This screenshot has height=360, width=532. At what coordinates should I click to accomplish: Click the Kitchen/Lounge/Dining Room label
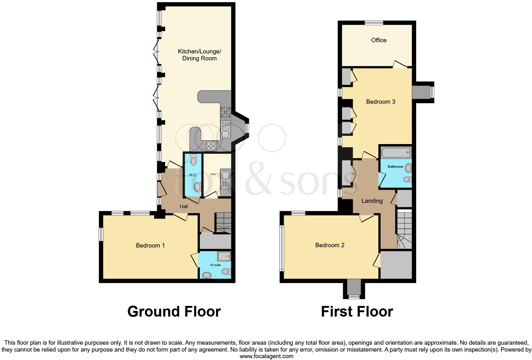[x=199, y=55]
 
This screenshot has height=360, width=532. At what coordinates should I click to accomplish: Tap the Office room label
[x=379, y=40]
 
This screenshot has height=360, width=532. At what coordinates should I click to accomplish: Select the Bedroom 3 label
[x=381, y=102]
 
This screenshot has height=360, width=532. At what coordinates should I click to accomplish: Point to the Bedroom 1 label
[x=150, y=245]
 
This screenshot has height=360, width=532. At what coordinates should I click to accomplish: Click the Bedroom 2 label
[x=330, y=245]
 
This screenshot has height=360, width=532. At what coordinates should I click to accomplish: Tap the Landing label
[x=372, y=201]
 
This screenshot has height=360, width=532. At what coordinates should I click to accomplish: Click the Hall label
[x=184, y=207]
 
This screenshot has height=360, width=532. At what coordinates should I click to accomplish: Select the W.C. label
[x=193, y=175]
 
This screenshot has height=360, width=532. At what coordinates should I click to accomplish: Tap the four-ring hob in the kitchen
[x=211, y=146]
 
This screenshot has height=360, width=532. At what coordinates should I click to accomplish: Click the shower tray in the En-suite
[x=224, y=256]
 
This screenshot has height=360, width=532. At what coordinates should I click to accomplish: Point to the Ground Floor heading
[x=174, y=312]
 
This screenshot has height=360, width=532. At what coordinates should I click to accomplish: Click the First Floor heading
[x=357, y=312]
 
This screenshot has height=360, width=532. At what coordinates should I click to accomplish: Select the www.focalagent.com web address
[x=266, y=356]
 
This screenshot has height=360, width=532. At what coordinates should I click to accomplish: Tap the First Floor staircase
[x=404, y=230]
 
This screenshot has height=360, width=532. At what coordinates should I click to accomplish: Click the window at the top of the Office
[x=374, y=22]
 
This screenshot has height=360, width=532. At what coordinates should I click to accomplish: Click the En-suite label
[x=215, y=265]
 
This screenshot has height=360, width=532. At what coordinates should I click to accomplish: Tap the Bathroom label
[x=395, y=167]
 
